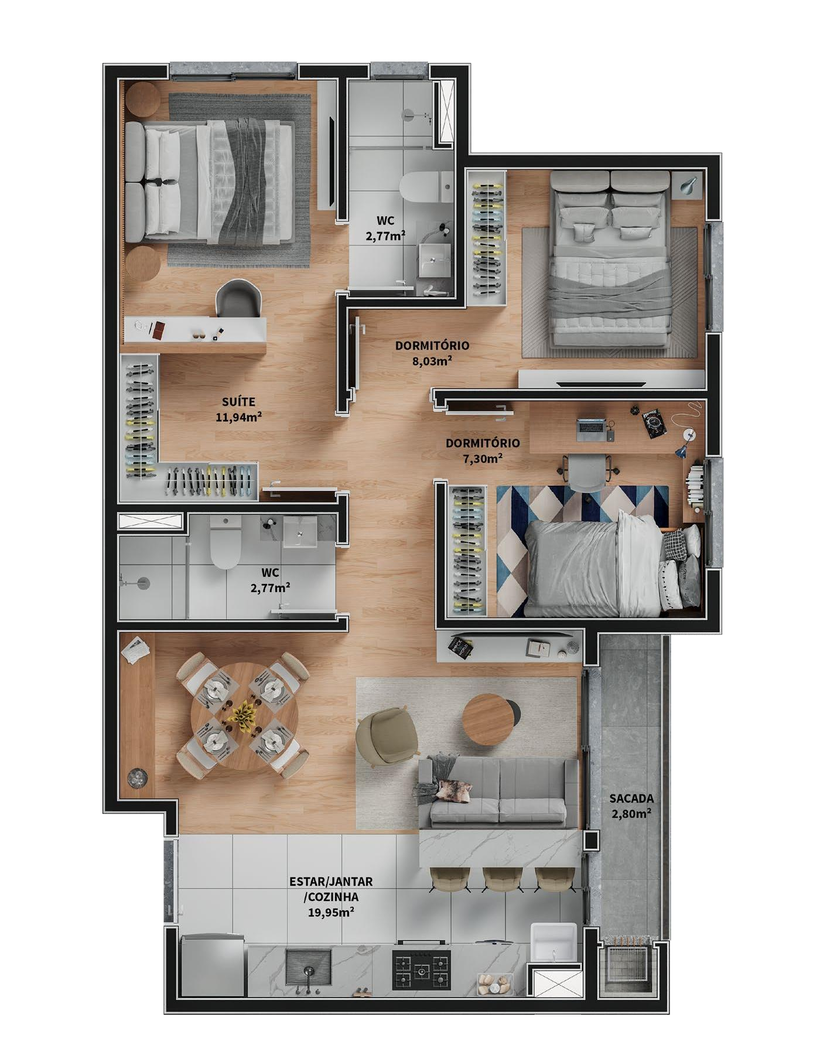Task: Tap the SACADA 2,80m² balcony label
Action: coord(631,805)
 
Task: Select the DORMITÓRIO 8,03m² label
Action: coord(432,353)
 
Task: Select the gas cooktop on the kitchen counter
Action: coord(422,969)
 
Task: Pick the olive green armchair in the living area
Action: coord(386,735)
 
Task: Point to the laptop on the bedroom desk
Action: coord(592,429)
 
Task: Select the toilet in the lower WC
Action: coord(226,542)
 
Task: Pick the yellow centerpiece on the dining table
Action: coord(244,713)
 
